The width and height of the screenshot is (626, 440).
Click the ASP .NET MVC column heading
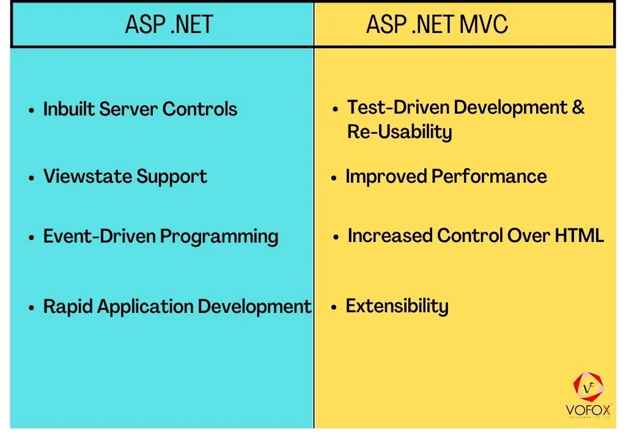436,24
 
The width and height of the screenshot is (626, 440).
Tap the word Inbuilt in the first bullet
68,109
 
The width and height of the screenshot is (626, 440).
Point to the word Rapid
64,306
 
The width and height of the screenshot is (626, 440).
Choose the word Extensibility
397,306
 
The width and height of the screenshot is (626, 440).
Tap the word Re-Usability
399,131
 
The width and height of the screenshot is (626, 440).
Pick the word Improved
386,177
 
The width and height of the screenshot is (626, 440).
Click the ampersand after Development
578,108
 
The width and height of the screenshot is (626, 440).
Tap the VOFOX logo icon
588,388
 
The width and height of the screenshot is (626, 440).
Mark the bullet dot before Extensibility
334,307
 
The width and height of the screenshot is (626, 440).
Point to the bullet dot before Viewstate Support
31,178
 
